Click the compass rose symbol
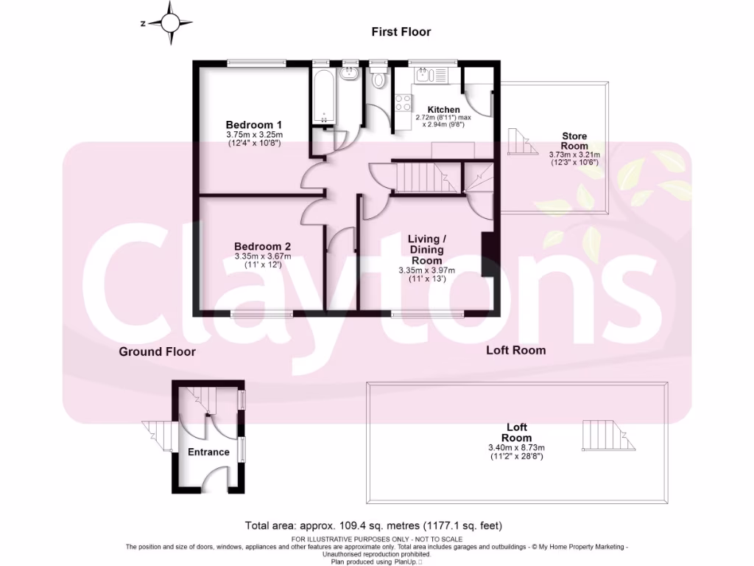(x=170, y=22)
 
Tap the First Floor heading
(x=401, y=32)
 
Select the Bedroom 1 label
(x=253, y=125)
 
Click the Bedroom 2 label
(x=263, y=246)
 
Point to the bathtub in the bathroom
(x=323, y=98)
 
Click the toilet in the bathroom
(x=379, y=78)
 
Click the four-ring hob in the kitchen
(x=403, y=104)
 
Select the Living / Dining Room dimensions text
(x=426, y=275)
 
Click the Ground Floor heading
(x=158, y=352)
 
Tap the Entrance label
(x=208, y=452)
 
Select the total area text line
(x=373, y=525)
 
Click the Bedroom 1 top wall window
(x=256, y=63)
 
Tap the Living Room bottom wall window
(x=428, y=314)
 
